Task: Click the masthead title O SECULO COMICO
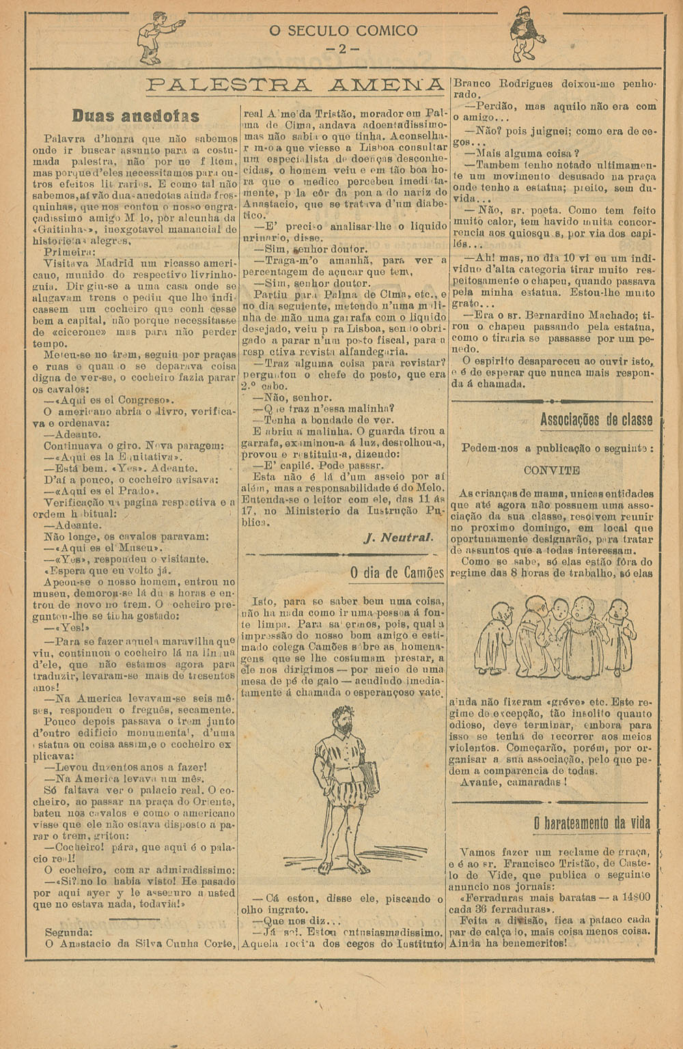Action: (342, 30)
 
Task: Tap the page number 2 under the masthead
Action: (342, 49)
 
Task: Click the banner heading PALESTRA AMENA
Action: (295, 85)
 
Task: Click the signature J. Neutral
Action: (399, 537)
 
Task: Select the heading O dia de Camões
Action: (397, 572)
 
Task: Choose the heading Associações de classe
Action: (596, 419)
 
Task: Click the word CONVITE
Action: (552, 471)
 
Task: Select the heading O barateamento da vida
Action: (591, 822)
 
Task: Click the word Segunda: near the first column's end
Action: (68, 932)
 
